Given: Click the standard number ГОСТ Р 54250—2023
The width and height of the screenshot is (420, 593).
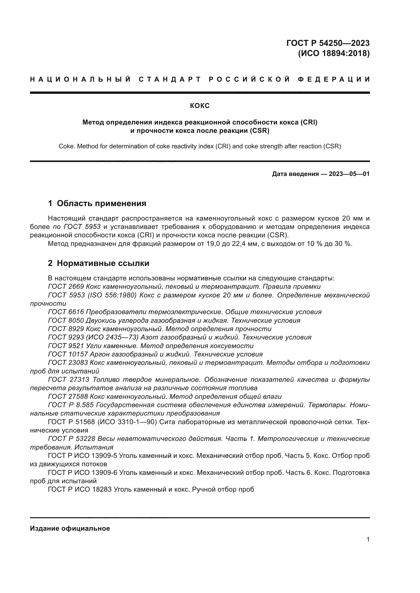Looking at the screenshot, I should [x=328, y=43].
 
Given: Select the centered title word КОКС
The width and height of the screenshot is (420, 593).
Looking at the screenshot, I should [x=200, y=106].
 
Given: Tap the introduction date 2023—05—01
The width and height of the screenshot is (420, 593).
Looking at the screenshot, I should [x=349, y=174].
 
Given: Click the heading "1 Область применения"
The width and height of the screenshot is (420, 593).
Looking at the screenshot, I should [x=97, y=204].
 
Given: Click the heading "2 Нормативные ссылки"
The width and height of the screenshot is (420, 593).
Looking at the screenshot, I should [x=99, y=263].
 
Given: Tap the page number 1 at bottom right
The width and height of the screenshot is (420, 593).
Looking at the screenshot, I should [x=368, y=540].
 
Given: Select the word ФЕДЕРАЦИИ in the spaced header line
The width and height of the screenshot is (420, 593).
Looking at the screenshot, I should [x=334, y=79].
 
